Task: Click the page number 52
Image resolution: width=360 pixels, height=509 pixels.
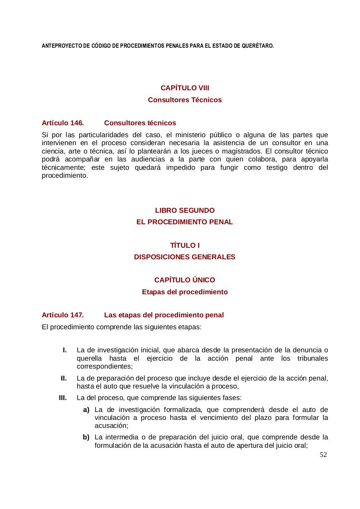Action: pyautogui.click(x=323, y=455)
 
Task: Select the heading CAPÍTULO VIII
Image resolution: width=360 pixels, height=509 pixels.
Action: pyautogui.click(x=185, y=88)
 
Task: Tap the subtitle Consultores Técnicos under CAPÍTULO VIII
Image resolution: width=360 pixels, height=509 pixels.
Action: pyautogui.click(x=185, y=100)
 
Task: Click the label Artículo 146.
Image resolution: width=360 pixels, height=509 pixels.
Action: pyautogui.click(x=62, y=122)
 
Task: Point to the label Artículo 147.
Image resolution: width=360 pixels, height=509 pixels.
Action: pyautogui.click(x=62, y=315)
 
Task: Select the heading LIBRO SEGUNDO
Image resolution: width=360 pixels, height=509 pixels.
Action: pyautogui.click(x=185, y=210)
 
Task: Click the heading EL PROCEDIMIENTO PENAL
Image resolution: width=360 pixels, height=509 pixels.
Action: pyautogui.click(x=185, y=222)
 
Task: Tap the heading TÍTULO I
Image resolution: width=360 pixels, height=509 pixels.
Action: pyautogui.click(x=185, y=245)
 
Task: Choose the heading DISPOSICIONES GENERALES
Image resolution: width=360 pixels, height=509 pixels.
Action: pyautogui.click(x=185, y=257)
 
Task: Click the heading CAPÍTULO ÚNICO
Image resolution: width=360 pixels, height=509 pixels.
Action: pyautogui.click(x=185, y=280)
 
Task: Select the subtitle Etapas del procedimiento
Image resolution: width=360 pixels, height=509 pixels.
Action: pyautogui.click(x=185, y=292)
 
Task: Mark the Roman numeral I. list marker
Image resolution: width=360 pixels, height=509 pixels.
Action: pyautogui.click(x=64, y=350)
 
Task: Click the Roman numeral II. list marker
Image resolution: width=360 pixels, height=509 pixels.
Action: pyautogui.click(x=64, y=378)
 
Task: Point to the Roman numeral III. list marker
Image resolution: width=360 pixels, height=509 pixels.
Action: pyautogui.click(x=62, y=398)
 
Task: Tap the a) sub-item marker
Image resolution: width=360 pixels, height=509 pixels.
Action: pyautogui.click(x=86, y=410)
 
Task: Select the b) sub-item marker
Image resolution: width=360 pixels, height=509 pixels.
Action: pyautogui.click(x=86, y=437)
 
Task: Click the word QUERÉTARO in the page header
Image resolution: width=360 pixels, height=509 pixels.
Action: pyautogui.click(x=259, y=46)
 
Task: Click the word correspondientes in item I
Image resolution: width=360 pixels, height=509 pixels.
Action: pyautogui.click(x=105, y=366)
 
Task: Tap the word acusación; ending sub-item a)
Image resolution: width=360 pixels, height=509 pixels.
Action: pyautogui.click(x=108, y=425)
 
